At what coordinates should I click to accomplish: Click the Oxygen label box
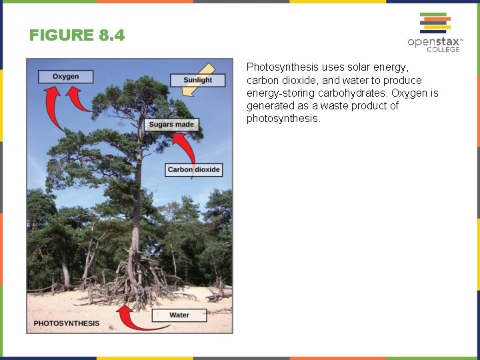(65, 76)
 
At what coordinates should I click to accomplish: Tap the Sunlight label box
(197, 80)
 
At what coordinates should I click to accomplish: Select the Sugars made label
(171, 124)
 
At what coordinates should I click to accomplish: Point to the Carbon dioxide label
(193, 169)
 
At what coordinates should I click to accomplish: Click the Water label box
(179, 315)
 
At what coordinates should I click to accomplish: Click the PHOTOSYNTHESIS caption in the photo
(66, 323)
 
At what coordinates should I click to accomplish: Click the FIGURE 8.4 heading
(77, 35)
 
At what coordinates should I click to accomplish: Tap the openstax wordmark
(433, 42)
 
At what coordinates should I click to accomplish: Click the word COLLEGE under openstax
(443, 49)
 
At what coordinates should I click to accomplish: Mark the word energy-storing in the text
(277, 93)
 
